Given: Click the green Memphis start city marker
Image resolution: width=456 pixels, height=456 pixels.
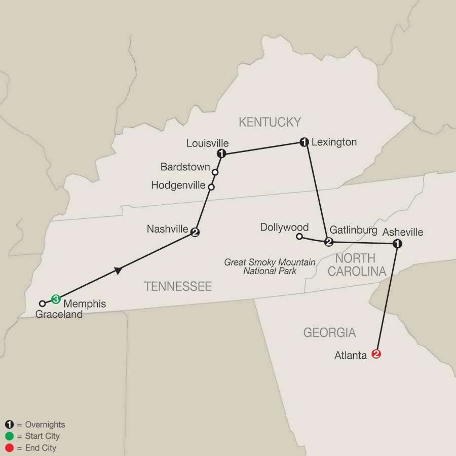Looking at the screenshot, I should [x=56, y=299].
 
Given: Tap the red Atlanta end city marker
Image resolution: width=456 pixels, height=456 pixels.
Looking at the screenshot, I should [x=376, y=354].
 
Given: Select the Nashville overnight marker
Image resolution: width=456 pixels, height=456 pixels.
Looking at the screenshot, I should [x=195, y=233].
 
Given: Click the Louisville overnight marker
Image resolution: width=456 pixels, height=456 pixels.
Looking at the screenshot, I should [x=221, y=153].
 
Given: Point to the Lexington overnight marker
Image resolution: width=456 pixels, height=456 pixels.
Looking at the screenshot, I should [x=304, y=142].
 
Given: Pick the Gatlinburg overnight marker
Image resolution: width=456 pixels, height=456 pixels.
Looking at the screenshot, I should [x=328, y=242].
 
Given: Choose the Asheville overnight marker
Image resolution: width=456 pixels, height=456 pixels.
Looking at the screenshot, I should [x=398, y=244].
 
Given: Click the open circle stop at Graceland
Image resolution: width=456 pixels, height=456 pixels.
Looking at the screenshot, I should [x=43, y=303].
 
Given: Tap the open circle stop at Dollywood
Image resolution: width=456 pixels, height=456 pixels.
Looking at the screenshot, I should [x=299, y=236].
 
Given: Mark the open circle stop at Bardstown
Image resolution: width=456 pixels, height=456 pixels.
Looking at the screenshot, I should [x=215, y=172].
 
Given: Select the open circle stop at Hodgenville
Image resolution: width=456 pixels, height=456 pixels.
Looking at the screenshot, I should [x=211, y=187].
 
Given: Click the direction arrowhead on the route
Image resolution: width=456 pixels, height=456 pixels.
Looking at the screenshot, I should [x=118, y=271].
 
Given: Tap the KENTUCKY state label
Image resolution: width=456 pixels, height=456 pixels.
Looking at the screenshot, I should [x=270, y=122].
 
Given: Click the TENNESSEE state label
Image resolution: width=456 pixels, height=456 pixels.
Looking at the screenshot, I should [x=178, y=287].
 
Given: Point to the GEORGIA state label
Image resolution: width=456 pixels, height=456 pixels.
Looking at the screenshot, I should [x=329, y=333].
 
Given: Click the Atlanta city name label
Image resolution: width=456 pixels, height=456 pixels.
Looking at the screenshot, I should [x=351, y=356].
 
